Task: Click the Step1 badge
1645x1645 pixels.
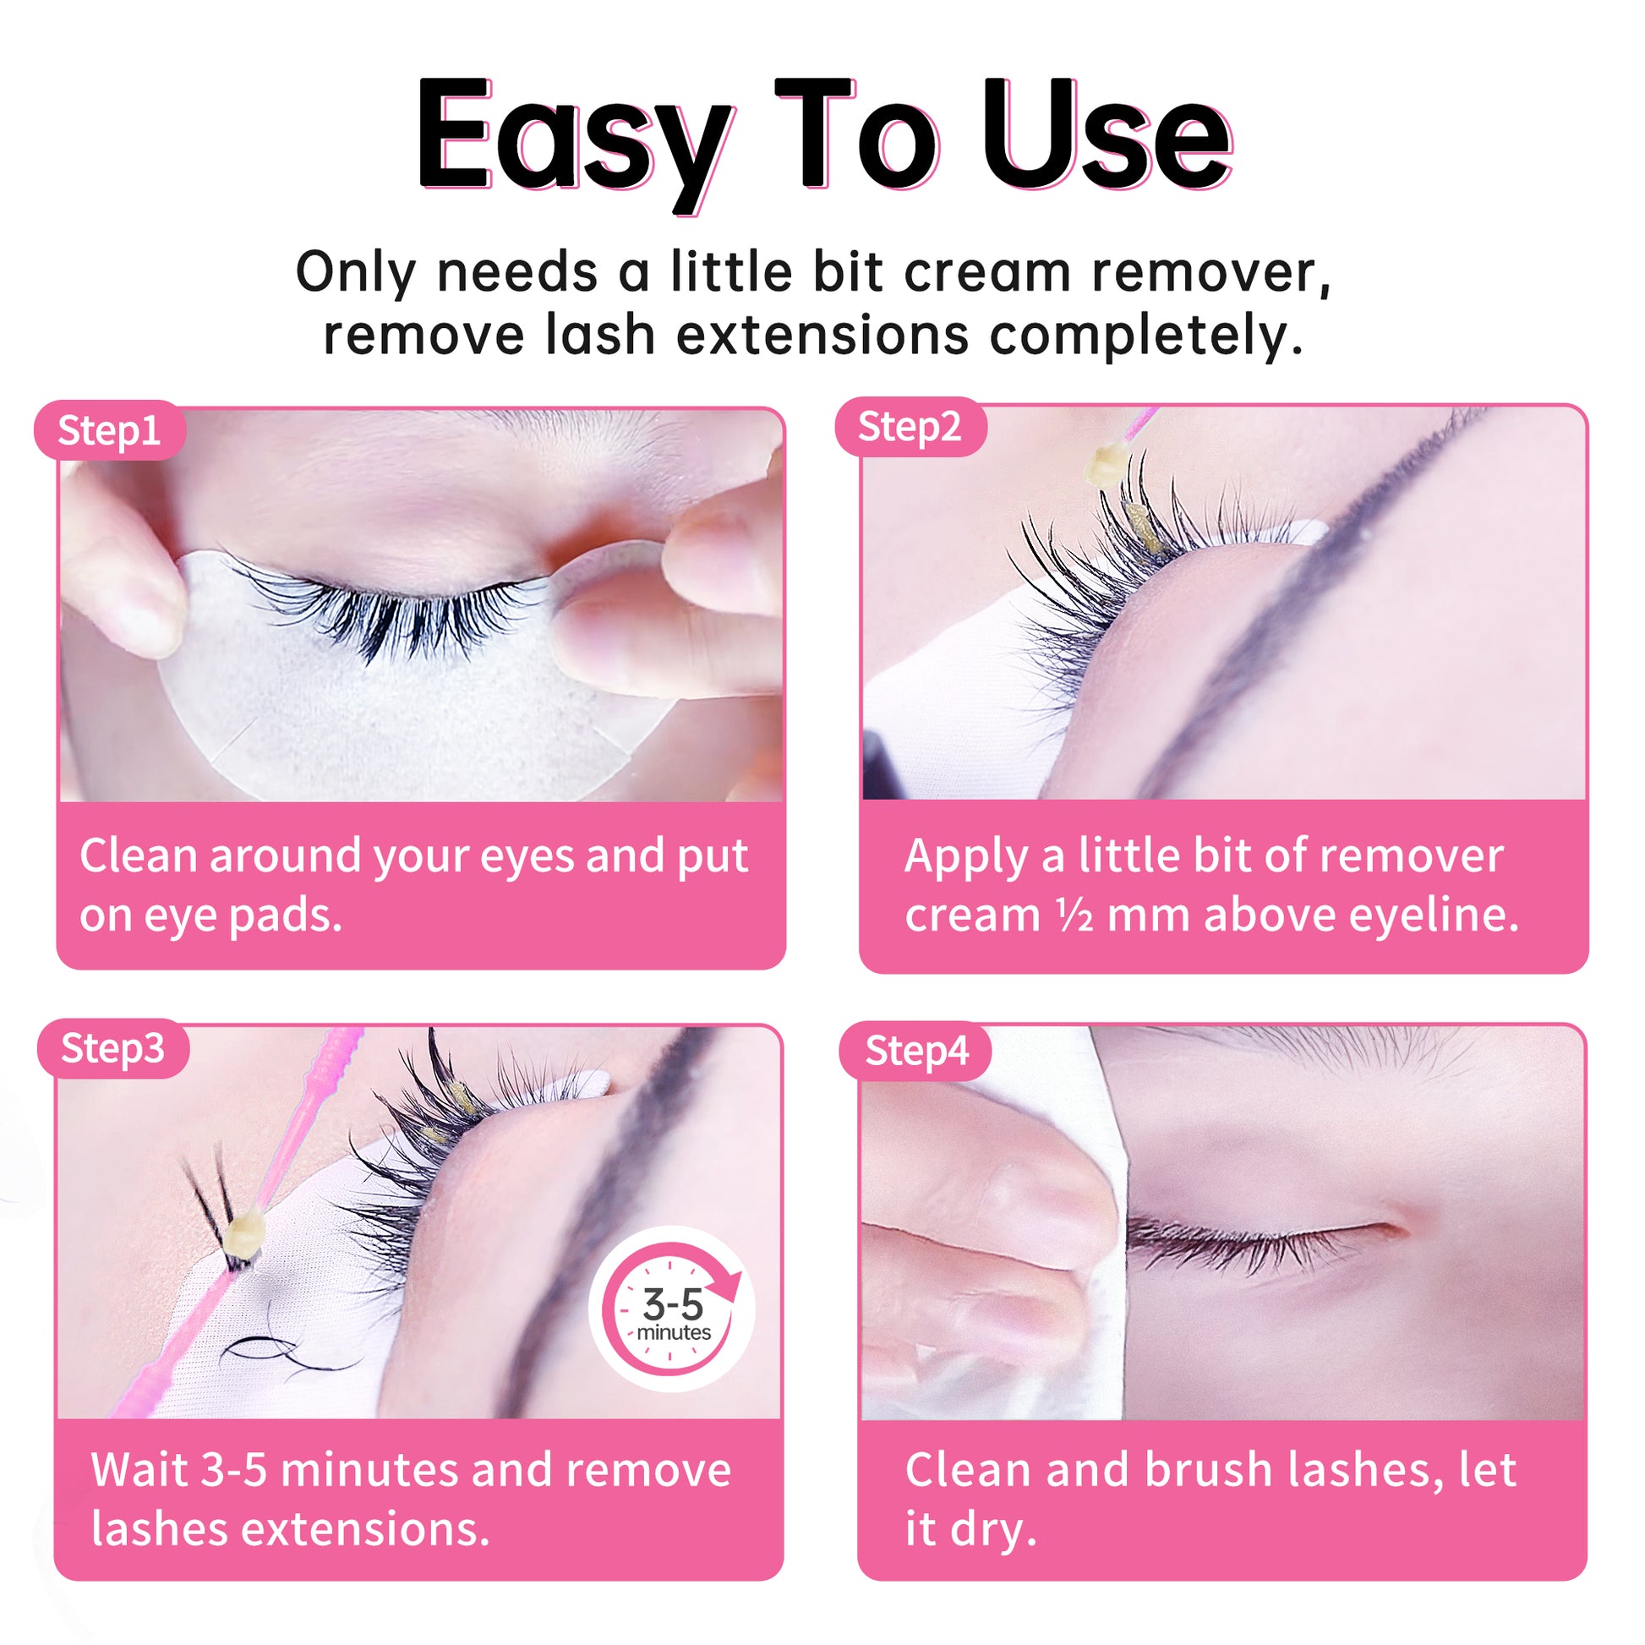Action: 110,431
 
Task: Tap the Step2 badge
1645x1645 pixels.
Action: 910,427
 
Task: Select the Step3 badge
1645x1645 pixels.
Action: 112,1048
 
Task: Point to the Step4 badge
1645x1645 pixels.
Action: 916,1051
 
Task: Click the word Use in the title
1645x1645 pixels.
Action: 1106,136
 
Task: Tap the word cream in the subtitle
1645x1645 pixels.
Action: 986,272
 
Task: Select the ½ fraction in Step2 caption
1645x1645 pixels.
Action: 1074,915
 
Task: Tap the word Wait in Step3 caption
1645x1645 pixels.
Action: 139,1471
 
